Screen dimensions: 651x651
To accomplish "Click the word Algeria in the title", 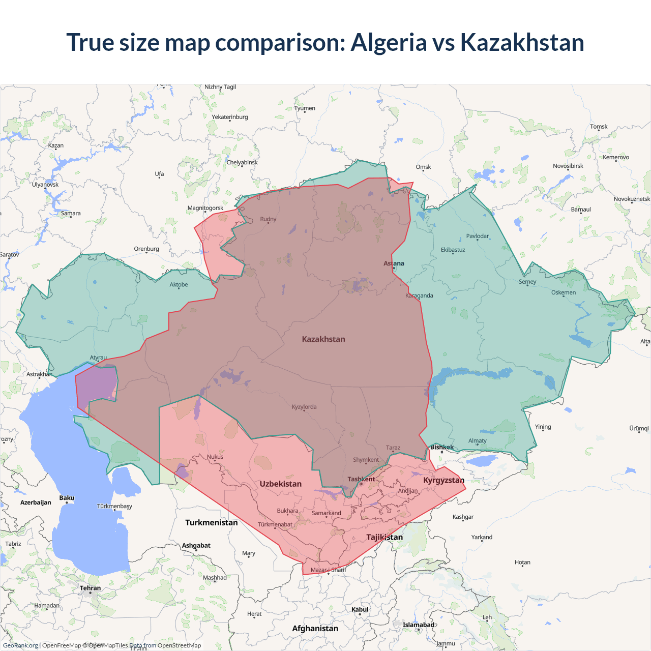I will (389, 42).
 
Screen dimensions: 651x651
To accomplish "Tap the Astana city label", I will (394, 263).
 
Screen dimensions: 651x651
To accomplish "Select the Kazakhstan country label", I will (323, 339).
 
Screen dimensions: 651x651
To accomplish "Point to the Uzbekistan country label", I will (281, 484).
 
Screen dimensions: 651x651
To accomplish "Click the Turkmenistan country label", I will (212, 522).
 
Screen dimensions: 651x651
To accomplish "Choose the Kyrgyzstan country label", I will (443, 480).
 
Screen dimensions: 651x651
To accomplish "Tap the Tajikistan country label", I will (384, 537).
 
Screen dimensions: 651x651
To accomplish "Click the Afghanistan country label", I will (315, 628).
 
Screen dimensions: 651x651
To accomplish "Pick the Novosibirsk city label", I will (568, 166).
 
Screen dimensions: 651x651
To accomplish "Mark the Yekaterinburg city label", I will (230, 117).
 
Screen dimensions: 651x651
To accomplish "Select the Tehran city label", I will (91, 588).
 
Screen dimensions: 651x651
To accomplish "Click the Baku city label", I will (67, 498).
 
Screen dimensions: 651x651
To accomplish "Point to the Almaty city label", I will (478, 441).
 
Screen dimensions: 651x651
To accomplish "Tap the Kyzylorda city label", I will (304, 407).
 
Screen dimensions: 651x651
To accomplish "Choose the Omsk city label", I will (423, 167).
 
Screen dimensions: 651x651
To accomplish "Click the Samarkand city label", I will (327, 513).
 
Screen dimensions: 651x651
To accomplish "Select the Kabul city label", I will (360, 609).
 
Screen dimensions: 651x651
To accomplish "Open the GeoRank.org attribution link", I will (20, 645).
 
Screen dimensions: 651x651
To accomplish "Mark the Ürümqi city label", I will (639, 428).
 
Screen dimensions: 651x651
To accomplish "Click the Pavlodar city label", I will (478, 236).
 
